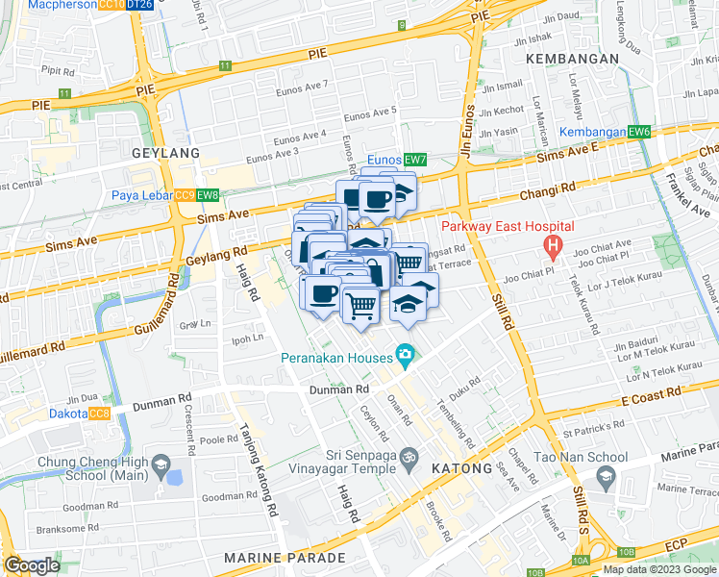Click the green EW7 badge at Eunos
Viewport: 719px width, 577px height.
tap(415, 160)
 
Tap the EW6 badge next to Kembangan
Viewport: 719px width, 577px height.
tap(640, 131)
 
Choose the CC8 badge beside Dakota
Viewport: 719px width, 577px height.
tap(99, 414)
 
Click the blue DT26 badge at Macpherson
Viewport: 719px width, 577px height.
tap(139, 5)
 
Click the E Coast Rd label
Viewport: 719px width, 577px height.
tap(651, 393)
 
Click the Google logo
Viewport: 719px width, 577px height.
tap(32, 565)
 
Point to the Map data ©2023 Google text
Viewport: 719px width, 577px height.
tap(658, 569)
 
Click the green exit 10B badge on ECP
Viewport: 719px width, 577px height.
tap(627, 552)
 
